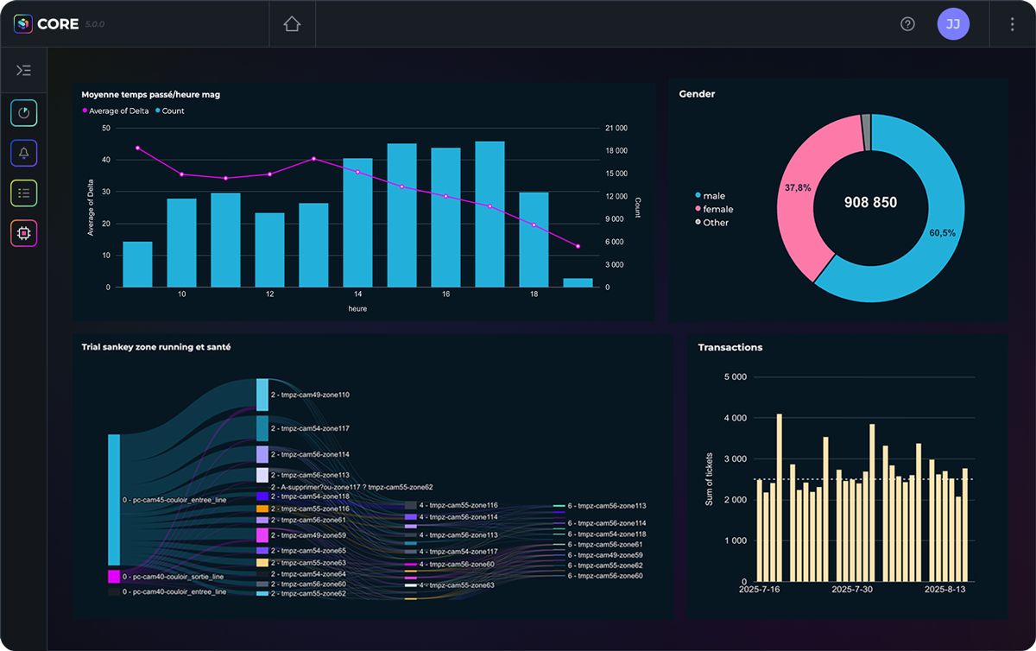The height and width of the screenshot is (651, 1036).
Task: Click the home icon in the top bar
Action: tap(292, 24)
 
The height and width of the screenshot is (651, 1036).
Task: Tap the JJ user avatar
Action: tap(953, 24)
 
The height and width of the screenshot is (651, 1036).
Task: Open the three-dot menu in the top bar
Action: tap(1012, 24)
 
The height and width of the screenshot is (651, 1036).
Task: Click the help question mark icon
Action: tap(907, 24)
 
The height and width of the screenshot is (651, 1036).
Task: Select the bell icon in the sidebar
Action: tap(24, 153)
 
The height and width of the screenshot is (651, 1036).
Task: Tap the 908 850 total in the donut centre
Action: tap(870, 203)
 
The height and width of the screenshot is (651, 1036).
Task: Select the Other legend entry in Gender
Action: tap(715, 223)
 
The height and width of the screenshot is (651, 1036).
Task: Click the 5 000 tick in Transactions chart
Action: tap(735, 377)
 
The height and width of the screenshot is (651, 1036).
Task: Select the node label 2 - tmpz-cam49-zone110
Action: tap(309, 395)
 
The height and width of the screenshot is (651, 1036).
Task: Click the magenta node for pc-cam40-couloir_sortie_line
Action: tap(114, 576)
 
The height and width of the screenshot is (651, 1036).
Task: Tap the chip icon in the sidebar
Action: tap(24, 233)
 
